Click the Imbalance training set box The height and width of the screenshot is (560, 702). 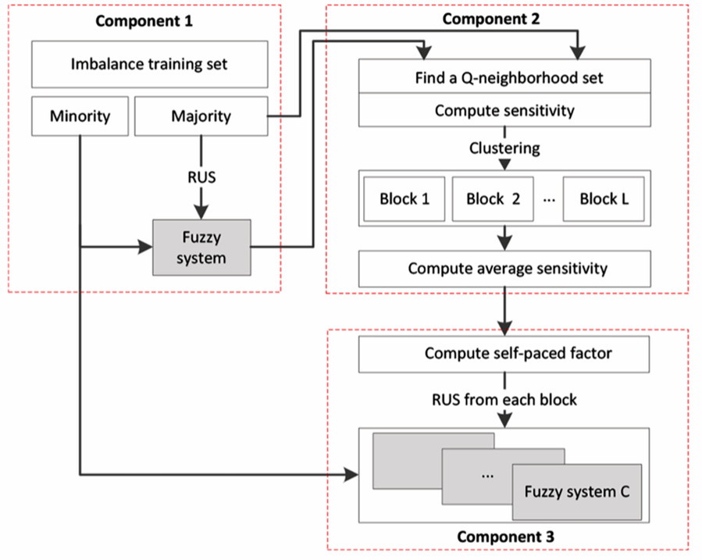[149, 64]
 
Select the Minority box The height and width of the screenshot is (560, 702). [80, 116]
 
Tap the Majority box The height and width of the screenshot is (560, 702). [201, 116]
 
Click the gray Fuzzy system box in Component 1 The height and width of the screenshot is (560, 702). [201, 247]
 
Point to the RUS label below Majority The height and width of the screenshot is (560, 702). [201, 177]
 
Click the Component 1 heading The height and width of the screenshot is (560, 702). [144, 21]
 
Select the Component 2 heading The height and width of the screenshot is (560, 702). [491, 19]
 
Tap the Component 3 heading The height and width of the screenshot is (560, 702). [505, 537]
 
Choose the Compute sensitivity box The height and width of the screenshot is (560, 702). [504, 110]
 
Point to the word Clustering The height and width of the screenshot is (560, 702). [504, 148]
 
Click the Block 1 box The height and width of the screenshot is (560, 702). [404, 198]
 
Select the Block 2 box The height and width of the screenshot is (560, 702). [493, 198]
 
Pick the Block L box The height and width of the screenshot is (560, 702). [604, 198]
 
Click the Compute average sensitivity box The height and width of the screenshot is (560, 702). [504, 269]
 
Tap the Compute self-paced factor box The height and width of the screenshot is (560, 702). [504, 354]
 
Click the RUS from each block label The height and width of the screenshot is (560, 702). [504, 399]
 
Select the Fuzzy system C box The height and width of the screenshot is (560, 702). [577, 492]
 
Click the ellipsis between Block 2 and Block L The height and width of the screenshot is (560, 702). [549, 200]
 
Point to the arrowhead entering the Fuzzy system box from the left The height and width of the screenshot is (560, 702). [146, 247]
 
